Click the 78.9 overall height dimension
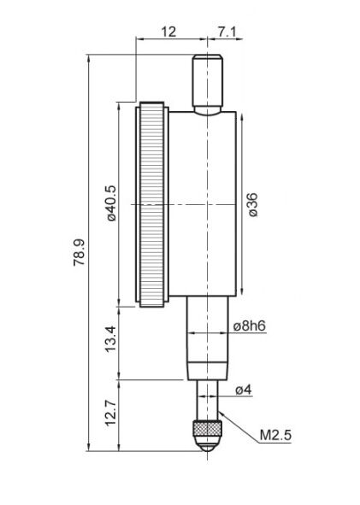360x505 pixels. (79, 252)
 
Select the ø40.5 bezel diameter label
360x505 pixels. (111, 203)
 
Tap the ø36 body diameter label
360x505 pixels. (252, 205)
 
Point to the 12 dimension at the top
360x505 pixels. (168, 32)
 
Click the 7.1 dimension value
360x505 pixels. (227, 32)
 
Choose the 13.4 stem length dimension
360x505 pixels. (111, 339)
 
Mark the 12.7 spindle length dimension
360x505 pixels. (111, 414)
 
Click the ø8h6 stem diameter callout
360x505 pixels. (250, 326)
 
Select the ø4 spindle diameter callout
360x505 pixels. (244, 390)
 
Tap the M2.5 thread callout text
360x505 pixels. (275, 435)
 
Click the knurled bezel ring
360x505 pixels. (152, 204)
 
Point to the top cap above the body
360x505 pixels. (208, 83)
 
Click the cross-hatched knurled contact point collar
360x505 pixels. (208, 429)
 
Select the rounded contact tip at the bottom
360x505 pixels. (208, 443)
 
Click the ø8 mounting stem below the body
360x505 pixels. (208, 338)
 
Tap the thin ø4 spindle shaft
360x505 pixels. (208, 401)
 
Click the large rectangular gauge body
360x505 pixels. (203, 204)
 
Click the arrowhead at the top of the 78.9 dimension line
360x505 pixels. (88, 59)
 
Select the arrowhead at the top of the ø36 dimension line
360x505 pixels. (242, 116)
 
